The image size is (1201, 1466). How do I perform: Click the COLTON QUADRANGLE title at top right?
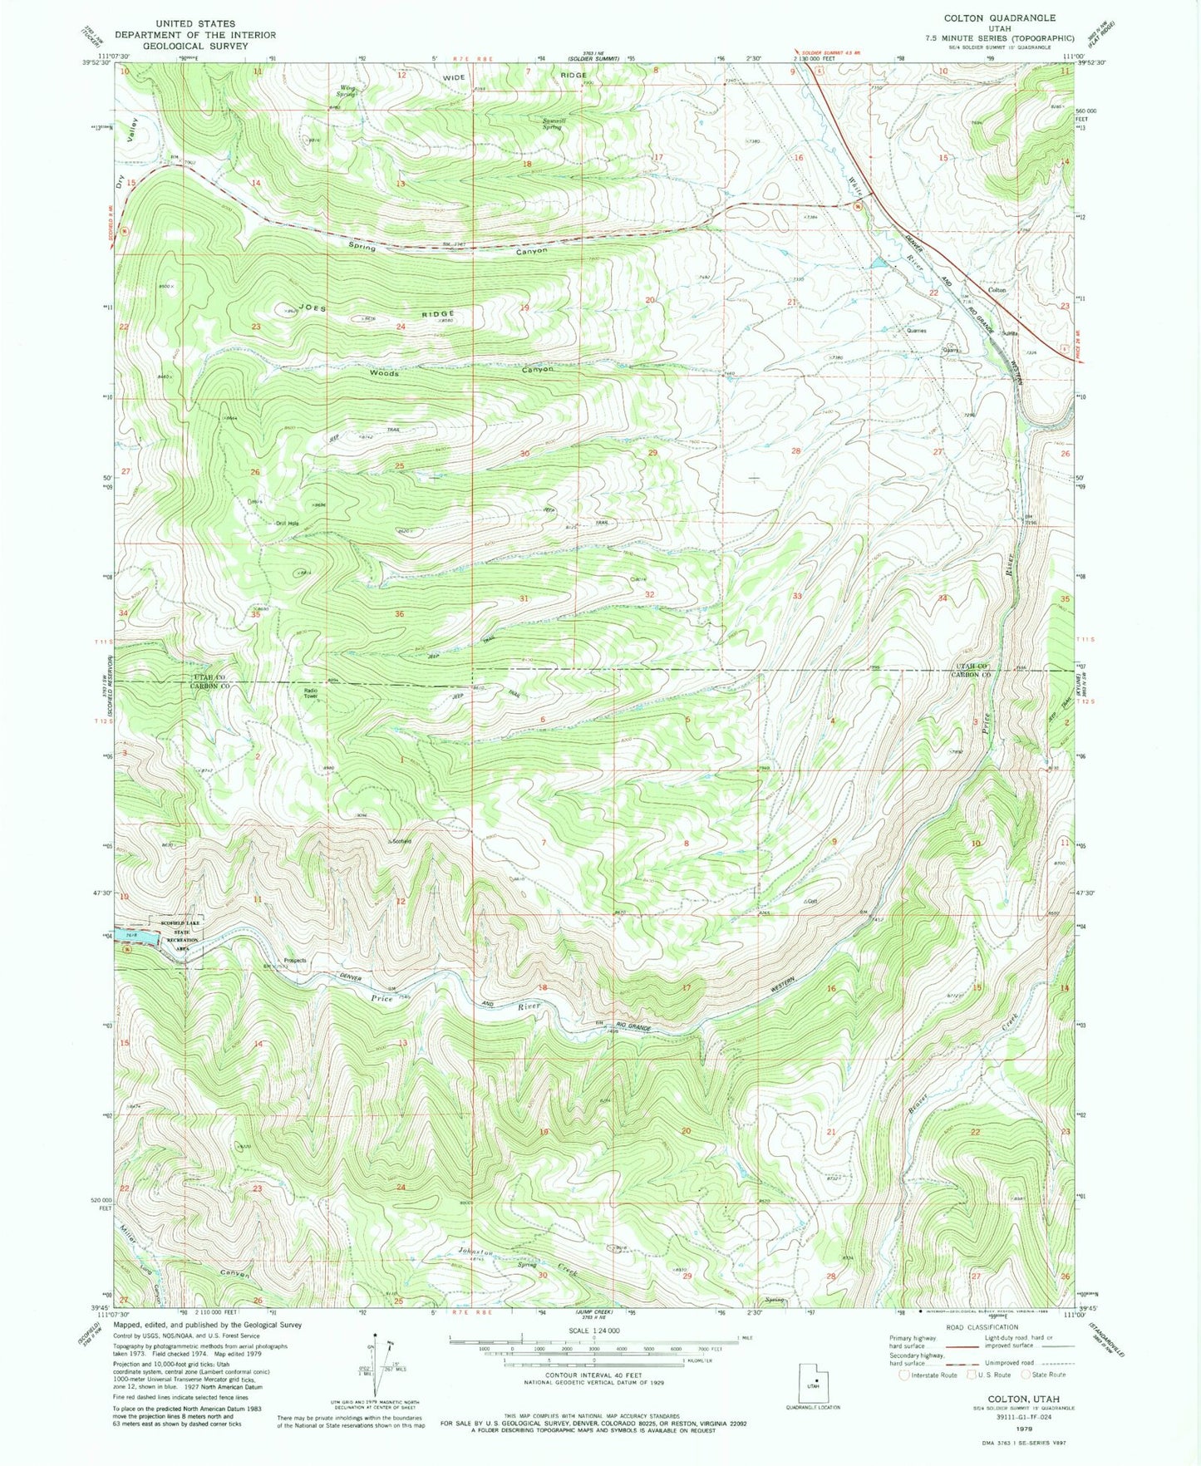pyautogui.click(x=987, y=17)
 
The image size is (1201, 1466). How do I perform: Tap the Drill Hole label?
pyautogui.click(x=287, y=523)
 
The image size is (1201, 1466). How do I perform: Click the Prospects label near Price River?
pyautogui.click(x=295, y=960)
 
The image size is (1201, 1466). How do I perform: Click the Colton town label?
pyautogui.click(x=997, y=290)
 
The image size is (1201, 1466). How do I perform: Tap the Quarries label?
pyautogui.click(x=917, y=330)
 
